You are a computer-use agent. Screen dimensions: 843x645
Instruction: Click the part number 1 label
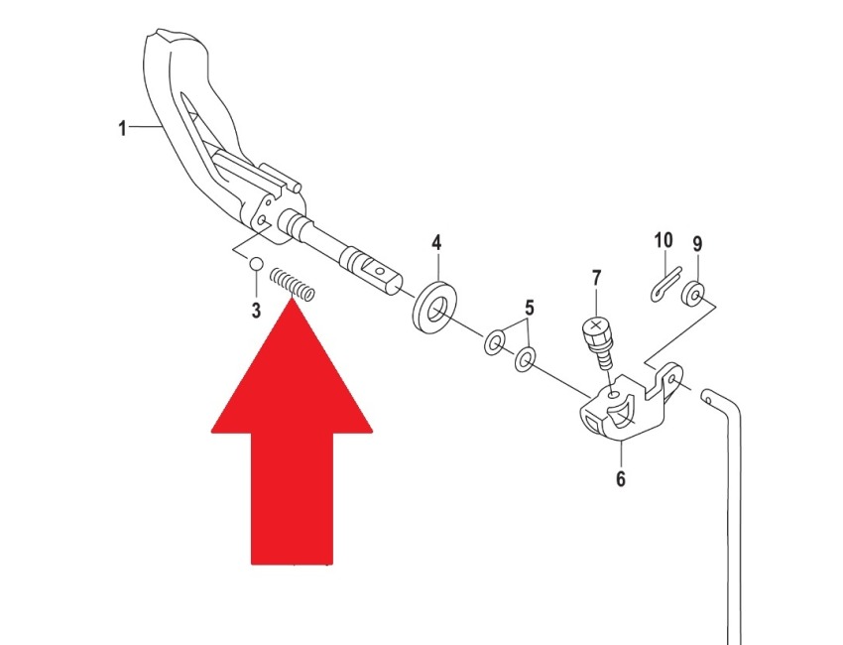click(123, 129)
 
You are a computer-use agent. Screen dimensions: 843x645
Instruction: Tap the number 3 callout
click(256, 310)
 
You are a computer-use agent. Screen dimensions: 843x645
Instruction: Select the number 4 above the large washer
click(436, 242)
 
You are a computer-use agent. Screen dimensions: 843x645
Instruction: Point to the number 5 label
click(530, 309)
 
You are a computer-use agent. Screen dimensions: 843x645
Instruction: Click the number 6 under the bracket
click(621, 478)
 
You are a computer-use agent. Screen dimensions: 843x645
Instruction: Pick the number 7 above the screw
click(596, 279)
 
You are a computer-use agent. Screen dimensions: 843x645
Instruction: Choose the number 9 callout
click(697, 245)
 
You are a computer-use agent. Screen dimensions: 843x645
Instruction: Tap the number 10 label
click(663, 240)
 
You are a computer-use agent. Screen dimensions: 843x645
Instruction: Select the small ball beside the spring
click(255, 264)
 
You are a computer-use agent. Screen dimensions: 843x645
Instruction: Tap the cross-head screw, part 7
click(599, 341)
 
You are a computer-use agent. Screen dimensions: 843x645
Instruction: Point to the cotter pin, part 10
click(665, 284)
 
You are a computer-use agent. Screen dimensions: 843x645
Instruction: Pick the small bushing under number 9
click(693, 293)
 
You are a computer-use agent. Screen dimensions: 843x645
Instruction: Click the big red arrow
click(292, 431)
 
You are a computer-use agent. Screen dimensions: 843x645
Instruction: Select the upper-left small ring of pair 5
click(494, 342)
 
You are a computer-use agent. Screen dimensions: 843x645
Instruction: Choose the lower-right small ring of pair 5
click(525, 359)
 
